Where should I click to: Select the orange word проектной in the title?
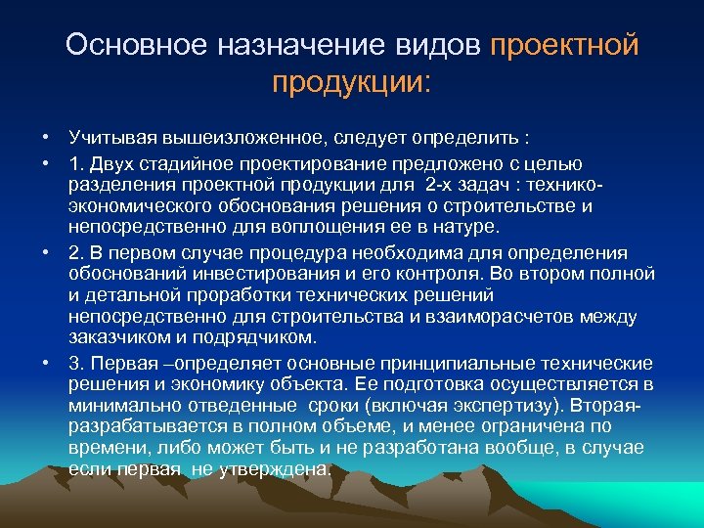click(x=564, y=45)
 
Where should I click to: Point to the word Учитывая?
click(x=108, y=135)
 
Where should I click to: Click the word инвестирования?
click(x=249, y=273)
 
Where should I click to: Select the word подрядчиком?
click(x=262, y=338)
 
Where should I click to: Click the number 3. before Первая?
click(x=76, y=362)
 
